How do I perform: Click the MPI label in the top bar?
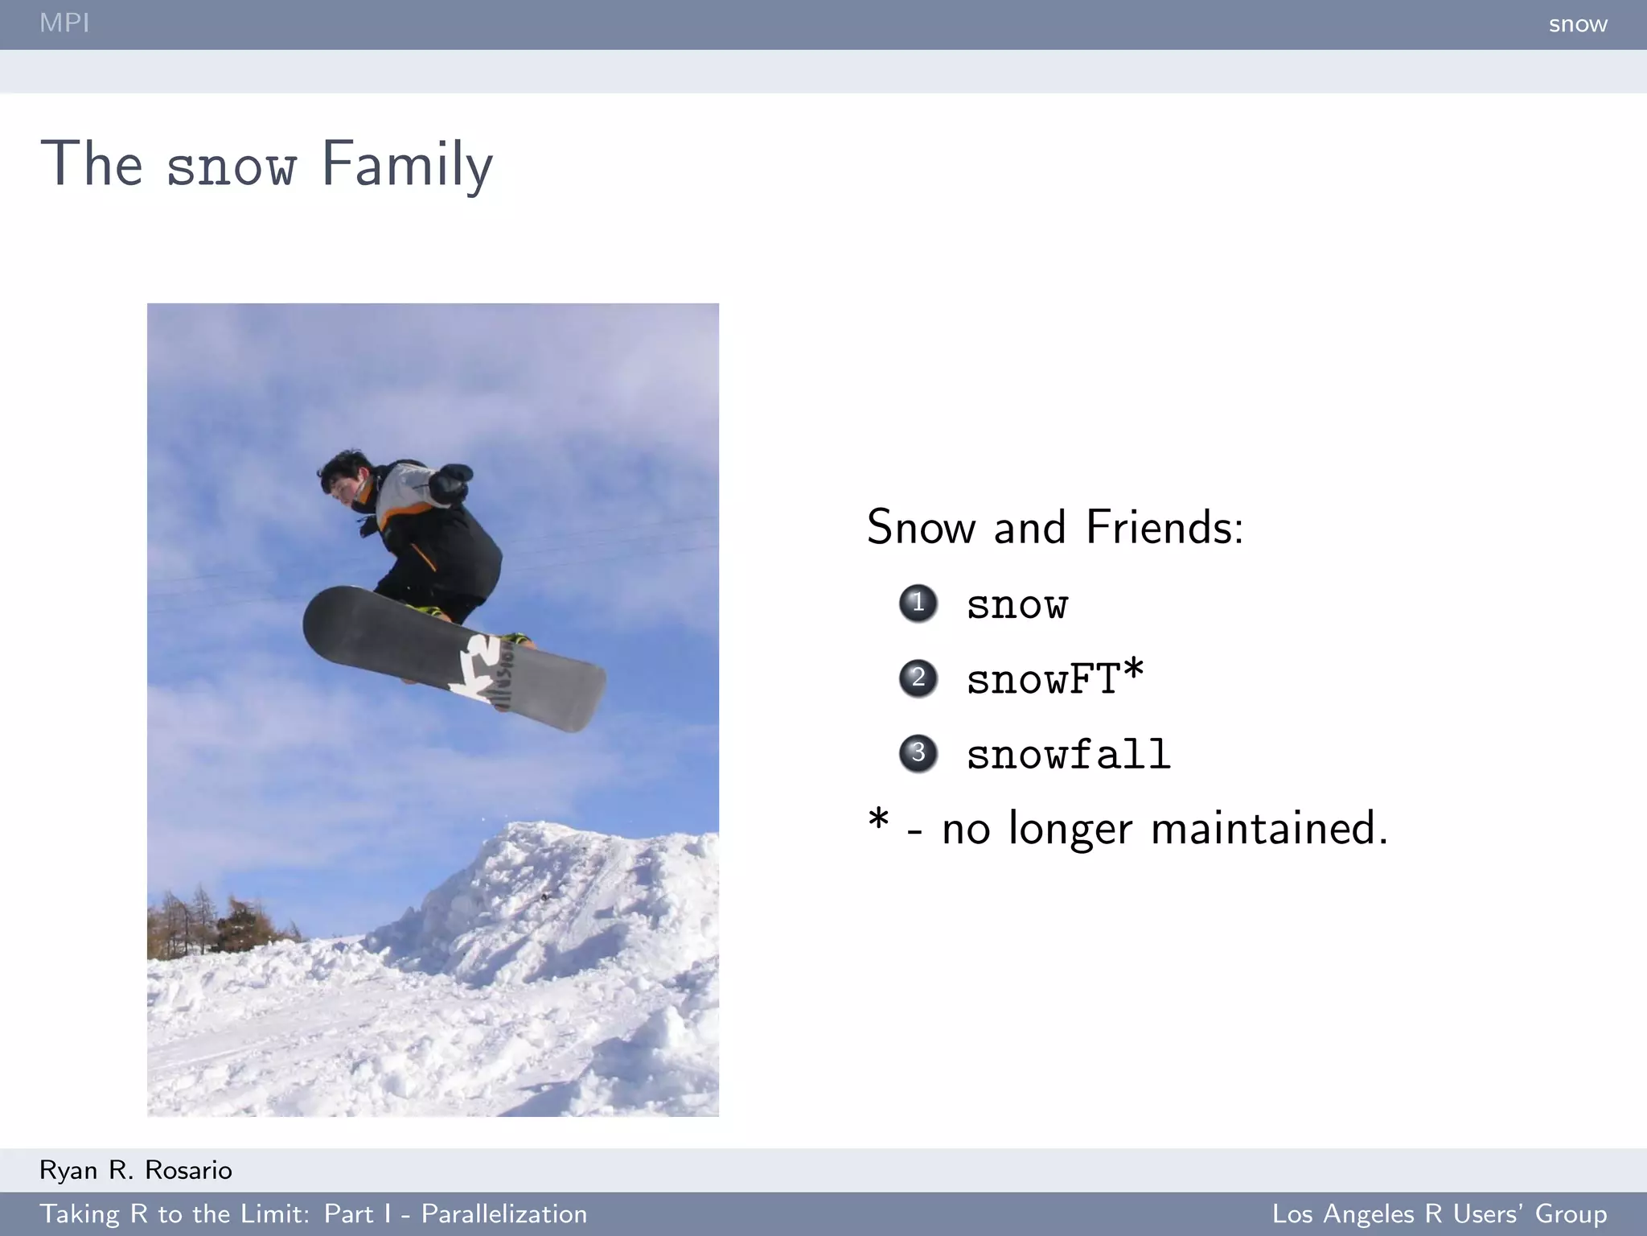click(64, 23)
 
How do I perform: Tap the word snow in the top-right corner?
click(1577, 24)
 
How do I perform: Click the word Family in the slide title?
click(407, 165)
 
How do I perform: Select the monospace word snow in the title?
click(232, 167)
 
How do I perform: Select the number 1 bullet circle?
click(918, 603)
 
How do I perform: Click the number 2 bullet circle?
click(918, 678)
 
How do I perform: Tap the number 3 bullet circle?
click(918, 753)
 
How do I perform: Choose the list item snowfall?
click(1068, 755)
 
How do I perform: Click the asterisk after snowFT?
click(1133, 671)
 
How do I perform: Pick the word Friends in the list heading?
click(1164, 528)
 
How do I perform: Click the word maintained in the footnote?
click(1269, 829)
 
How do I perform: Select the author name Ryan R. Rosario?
click(136, 1170)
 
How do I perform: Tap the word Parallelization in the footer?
click(504, 1213)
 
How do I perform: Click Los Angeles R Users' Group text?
click(1439, 1213)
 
